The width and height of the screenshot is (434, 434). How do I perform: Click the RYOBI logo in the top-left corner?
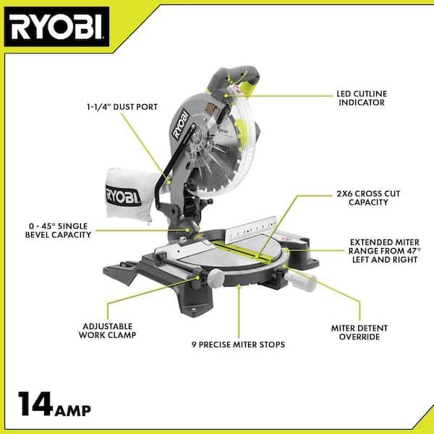(x=56, y=27)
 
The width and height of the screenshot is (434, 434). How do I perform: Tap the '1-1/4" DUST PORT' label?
(x=122, y=107)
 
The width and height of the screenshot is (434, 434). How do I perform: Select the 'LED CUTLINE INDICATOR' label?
(x=362, y=98)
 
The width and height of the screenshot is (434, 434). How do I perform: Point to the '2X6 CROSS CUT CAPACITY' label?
(x=368, y=198)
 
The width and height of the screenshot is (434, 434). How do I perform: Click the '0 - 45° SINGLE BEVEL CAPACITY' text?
(x=58, y=231)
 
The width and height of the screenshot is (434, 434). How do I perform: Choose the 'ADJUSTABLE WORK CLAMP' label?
(x=107, y=331)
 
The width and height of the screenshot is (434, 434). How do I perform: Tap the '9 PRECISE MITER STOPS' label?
(x=238, y=344)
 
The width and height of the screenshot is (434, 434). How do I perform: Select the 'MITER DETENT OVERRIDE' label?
(x=359, y=333)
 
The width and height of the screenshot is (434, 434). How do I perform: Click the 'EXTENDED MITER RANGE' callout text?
(x=385, y=251)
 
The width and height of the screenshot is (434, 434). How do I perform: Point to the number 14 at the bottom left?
(x=35, y=404)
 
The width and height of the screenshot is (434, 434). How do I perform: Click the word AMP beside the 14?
(x=73, y=410)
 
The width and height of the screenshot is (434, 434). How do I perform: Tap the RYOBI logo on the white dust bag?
(x=123, y=197)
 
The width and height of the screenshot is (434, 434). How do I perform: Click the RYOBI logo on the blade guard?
(x=181, y=124)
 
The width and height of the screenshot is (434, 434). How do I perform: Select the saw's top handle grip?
(x=234, y=77)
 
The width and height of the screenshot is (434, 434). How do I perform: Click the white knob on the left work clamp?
(x=216, y=276)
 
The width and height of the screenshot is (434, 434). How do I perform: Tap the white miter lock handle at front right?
(x=301, y=281)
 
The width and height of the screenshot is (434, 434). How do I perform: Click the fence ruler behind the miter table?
(x=251, y=229)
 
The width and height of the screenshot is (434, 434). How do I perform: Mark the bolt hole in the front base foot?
(x=195, y=310)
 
